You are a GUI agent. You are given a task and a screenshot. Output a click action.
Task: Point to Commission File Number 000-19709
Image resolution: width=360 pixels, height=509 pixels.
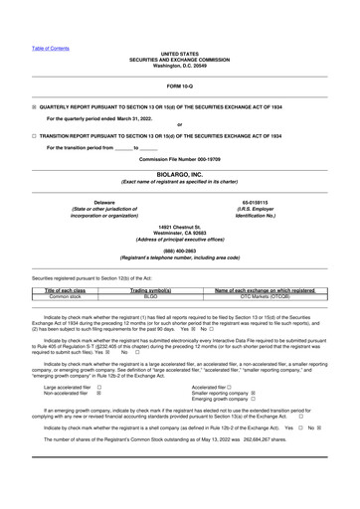(x=180, y=158)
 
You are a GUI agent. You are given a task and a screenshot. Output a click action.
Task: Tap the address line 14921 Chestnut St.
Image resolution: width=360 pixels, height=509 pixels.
(x=180, y=229)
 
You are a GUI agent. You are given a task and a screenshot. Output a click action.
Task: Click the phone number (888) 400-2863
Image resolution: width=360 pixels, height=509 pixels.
(x=180, y=251)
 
